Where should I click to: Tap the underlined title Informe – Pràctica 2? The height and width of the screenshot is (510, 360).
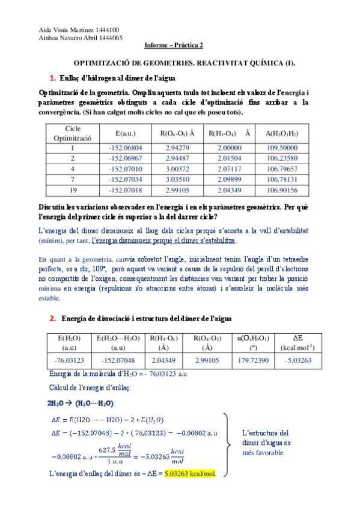[174, 45]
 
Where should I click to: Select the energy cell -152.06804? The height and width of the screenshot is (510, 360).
[125, 147]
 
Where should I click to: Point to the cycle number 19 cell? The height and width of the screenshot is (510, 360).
[72, 191]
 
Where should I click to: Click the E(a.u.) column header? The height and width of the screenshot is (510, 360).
[125, 133]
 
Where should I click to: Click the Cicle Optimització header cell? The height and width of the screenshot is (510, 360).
[72, 133]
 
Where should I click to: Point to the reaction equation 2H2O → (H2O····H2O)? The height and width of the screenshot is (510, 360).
[81, 403]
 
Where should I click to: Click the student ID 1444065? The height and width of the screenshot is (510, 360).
[109, 37]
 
